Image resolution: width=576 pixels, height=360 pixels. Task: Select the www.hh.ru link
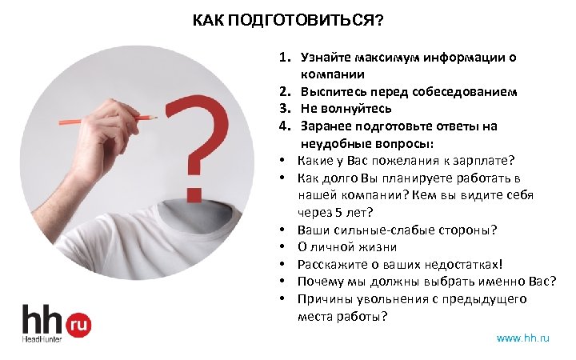[523, 338]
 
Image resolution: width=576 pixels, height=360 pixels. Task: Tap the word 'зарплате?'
[486, 160]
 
